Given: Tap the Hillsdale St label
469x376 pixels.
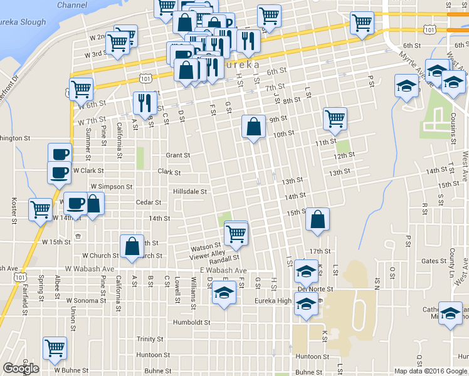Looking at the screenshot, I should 191,191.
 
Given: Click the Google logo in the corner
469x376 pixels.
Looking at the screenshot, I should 21,368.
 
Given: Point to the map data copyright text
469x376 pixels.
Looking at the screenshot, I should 431,371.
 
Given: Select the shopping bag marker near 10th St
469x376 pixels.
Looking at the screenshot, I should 253,128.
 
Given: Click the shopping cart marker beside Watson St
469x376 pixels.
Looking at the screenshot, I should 235,234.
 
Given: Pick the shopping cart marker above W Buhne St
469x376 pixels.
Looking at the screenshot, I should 55,348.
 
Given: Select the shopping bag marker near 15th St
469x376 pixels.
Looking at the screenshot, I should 318,220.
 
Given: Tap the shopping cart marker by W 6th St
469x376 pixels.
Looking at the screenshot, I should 81,90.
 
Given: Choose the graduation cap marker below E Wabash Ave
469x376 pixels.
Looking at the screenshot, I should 224,293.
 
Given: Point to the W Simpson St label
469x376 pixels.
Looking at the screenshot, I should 112,187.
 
